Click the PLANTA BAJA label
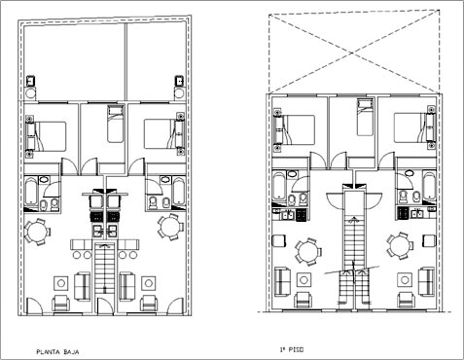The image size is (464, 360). point(57,351)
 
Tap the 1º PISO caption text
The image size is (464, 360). point(292,349)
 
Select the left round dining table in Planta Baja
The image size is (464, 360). point(37,232)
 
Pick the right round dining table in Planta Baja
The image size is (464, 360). point(170,227)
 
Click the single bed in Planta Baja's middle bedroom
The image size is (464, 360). point(116,124)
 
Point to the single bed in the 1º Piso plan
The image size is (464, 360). point(365,118)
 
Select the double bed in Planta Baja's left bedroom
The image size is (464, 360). point(47,136)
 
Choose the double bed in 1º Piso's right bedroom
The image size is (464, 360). point(414,127)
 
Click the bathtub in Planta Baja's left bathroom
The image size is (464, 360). point(31,190)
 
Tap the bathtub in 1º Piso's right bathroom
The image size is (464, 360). point(429,186)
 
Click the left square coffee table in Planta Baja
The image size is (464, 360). point(60,283)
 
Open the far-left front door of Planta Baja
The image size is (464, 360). point(33,306)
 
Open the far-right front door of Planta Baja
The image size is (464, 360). point(176,306)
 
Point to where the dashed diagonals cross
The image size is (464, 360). point(352,52)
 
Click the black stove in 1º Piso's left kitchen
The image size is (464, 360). point(302,214)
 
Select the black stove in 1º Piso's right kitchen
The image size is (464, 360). point(403,213)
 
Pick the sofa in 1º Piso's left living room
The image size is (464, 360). point(283,281)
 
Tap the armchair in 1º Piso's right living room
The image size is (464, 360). point(406,300)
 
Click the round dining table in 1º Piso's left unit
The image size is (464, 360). point(307,252)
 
